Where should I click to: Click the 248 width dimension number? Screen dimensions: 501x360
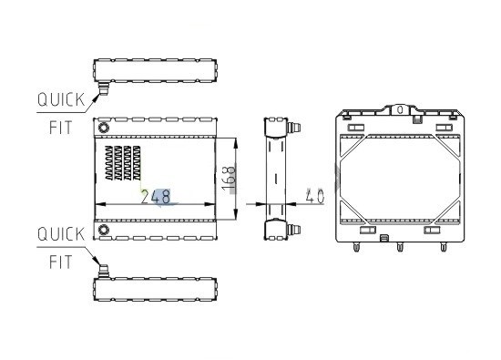(x=156, y=197)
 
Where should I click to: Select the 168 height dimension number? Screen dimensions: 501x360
(x=230, y=179)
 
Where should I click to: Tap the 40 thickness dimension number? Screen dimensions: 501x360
(x=314, y=196)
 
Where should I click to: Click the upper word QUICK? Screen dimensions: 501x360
(x=61, y=99)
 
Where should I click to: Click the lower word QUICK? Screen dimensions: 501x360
(x=61, y=234)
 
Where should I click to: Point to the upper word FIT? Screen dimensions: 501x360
(x=61, y=128)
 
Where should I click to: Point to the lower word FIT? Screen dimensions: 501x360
(x=61, y=262)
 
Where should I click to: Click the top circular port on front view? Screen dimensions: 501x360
(x=104, y=128)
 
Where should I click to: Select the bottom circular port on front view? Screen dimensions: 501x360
(x=104, y=230)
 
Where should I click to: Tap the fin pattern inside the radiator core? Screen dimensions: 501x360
(x=123, y=163)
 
